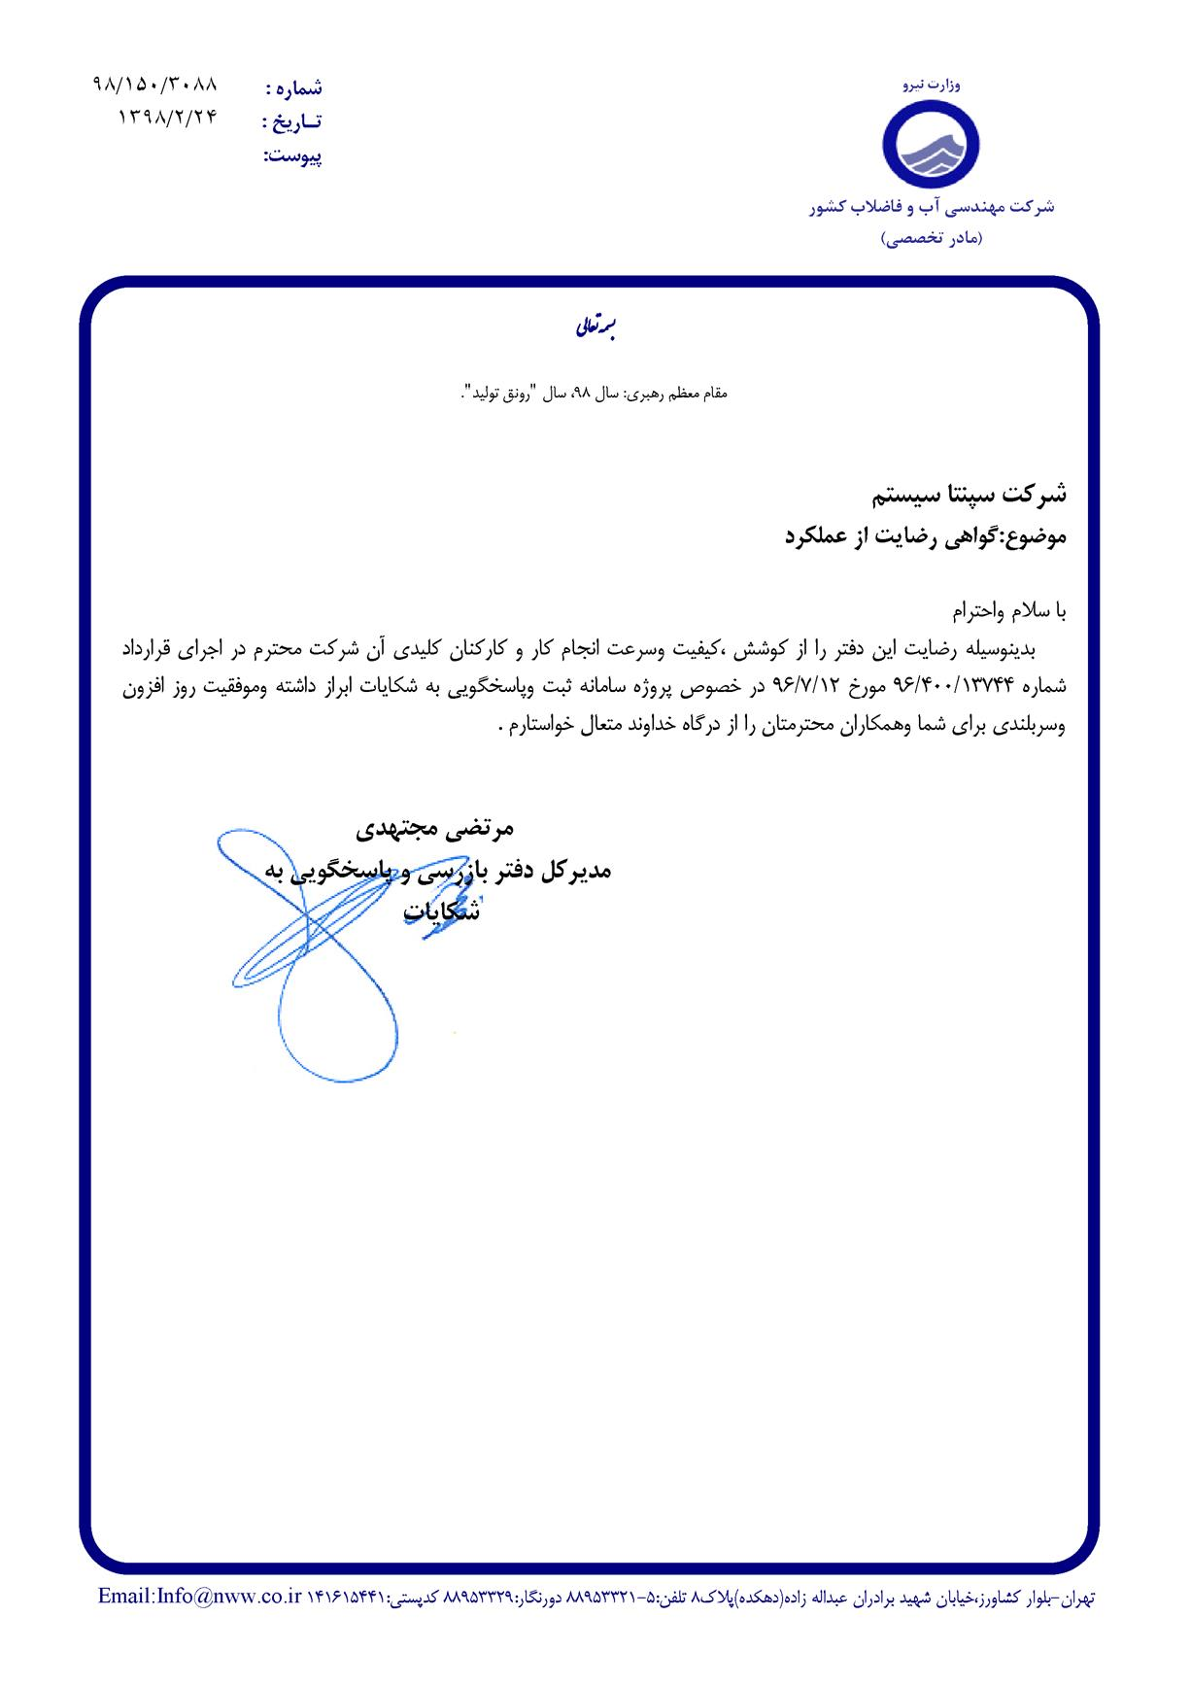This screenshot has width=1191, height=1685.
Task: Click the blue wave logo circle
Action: click(x=932, y=143)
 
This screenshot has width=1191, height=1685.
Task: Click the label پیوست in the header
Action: click(x=293, y=155)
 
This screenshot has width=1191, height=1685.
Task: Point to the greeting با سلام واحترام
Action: click(x=1008, y=611)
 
